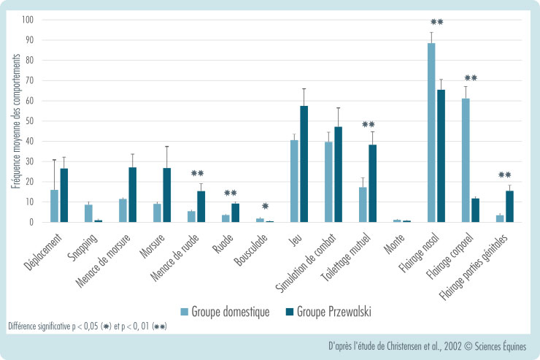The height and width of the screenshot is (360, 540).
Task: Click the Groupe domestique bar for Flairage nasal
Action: pyautogui.click(x=431, y=132)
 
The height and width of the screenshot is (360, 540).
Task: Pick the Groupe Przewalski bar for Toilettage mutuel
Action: pyautogui.click(x=372, y=183)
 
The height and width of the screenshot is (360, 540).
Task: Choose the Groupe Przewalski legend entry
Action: pyautogui.click(x=328, y=311)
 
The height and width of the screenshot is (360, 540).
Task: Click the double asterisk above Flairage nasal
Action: pyautogui.click(x=437, y=22)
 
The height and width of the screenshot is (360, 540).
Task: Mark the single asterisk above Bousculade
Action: pyautogui.click(x=266, y=207)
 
